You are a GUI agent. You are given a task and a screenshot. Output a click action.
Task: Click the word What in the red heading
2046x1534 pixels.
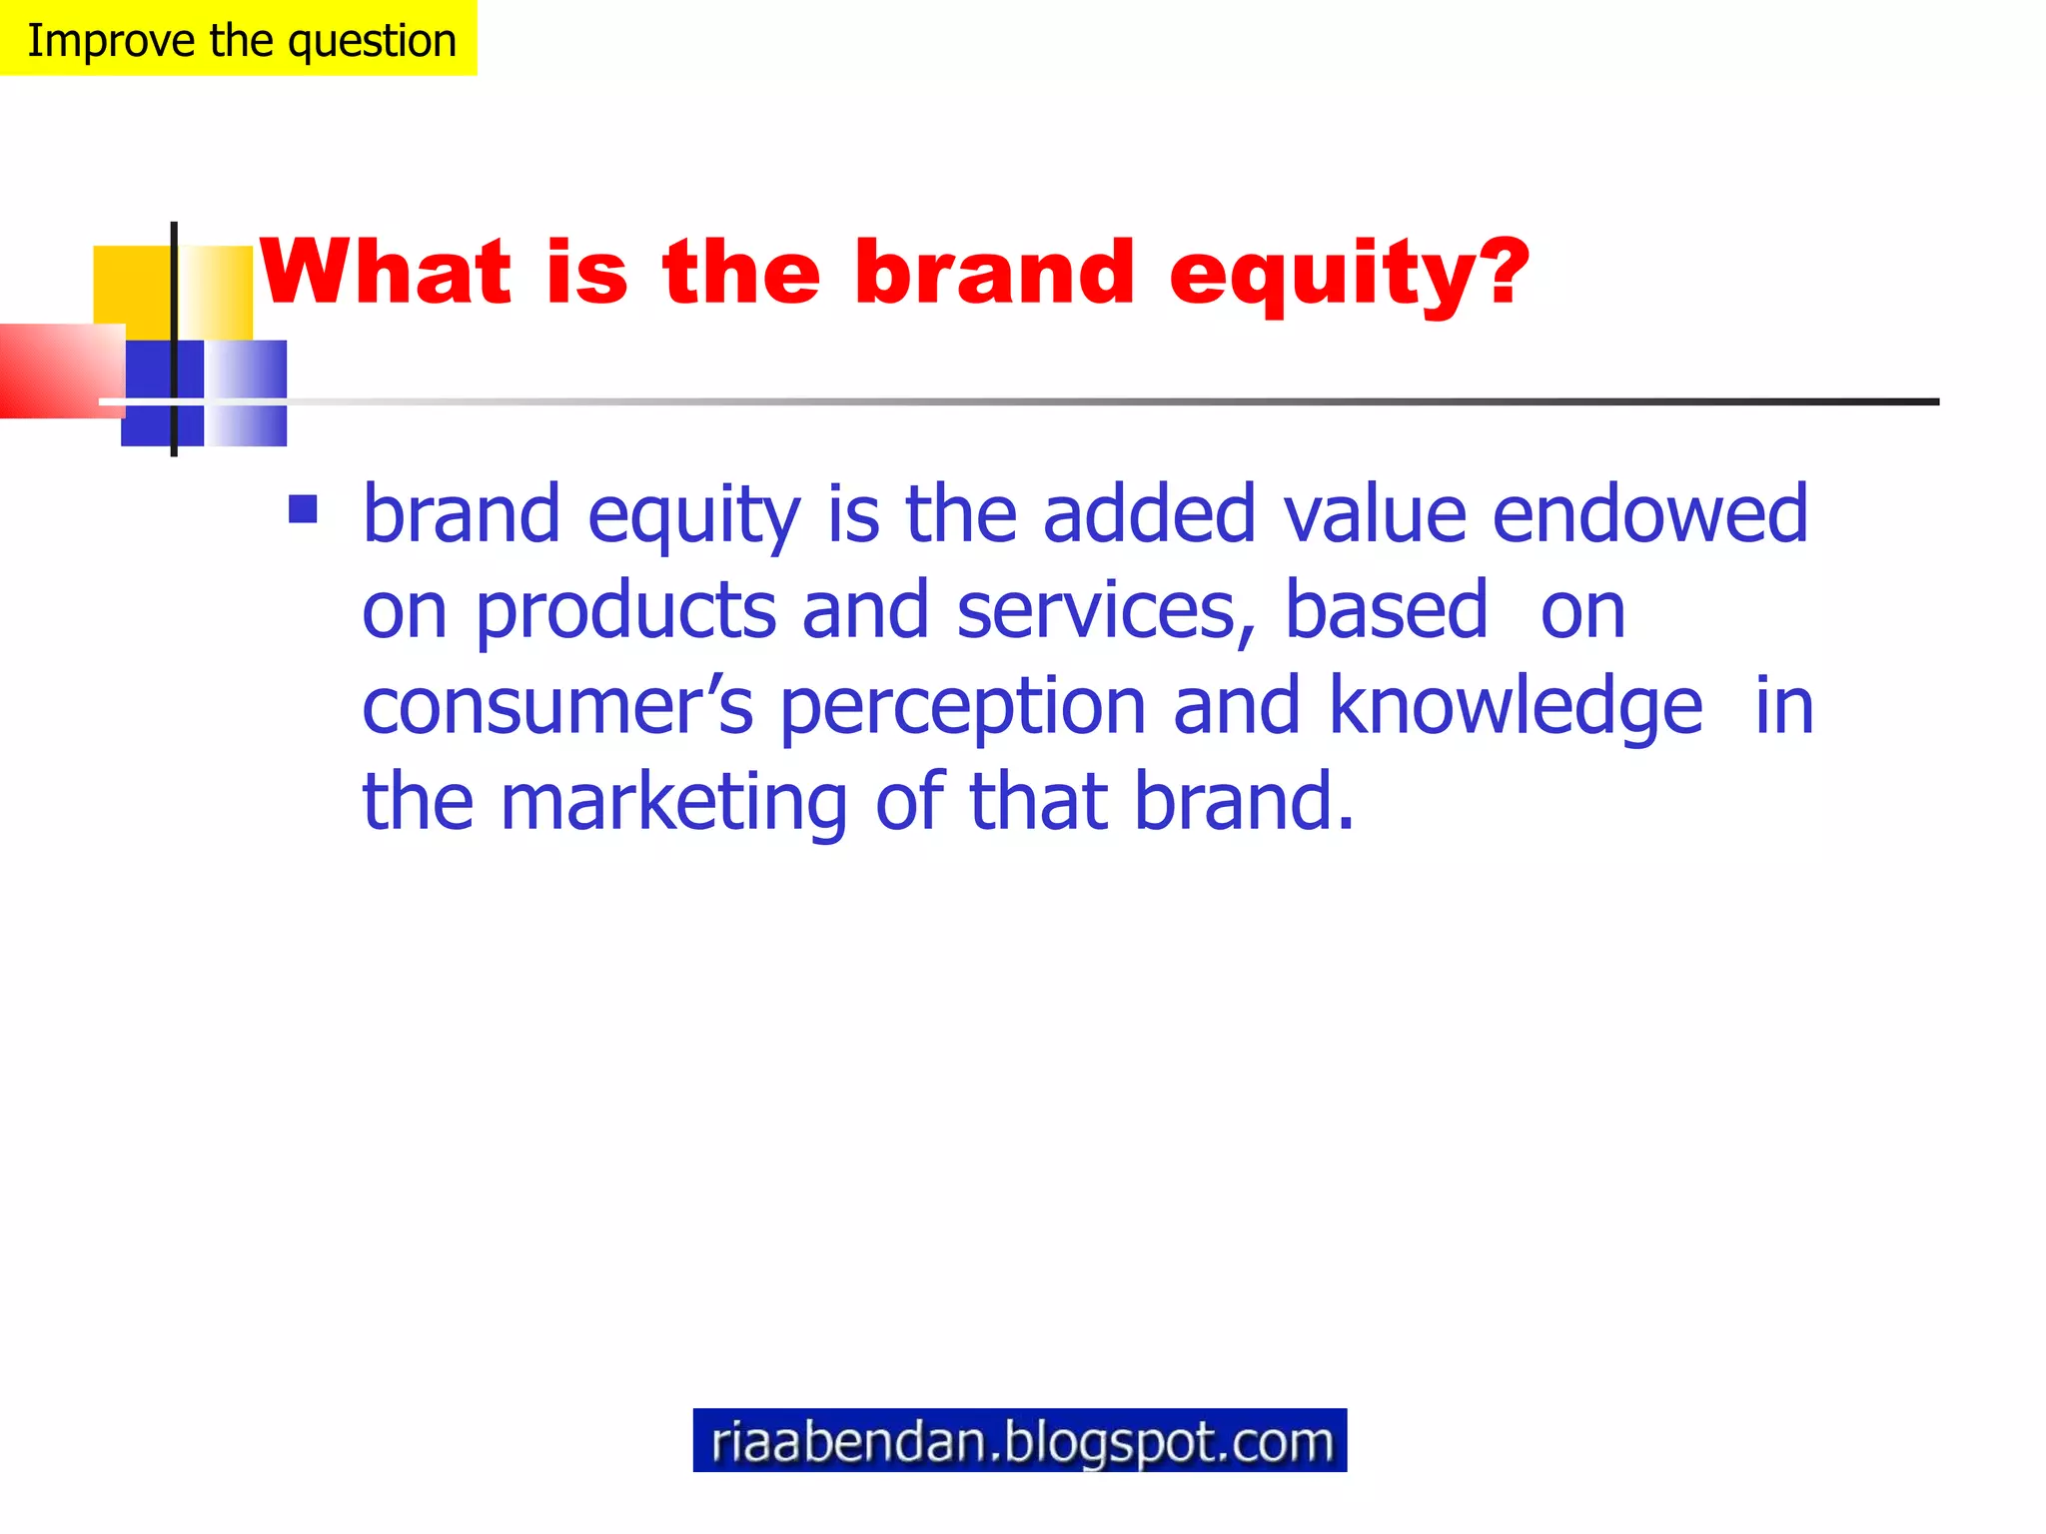(386, 272)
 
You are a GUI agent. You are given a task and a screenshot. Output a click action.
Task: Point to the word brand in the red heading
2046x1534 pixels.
(994, 272)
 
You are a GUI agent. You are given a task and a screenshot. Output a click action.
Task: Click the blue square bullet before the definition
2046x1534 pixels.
(303, 509)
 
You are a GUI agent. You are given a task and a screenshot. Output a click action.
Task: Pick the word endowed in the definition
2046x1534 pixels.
(1649, 513)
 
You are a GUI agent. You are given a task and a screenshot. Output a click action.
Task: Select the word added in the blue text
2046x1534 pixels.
(1149, 513)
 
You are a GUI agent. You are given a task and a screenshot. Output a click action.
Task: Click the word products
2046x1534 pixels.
(625, 611)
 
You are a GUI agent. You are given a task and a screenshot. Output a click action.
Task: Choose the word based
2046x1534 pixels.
(1386, 609)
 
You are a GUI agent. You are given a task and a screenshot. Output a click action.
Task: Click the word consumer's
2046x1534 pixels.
(557, 705)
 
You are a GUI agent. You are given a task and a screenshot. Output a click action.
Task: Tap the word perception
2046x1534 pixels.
(963, 707)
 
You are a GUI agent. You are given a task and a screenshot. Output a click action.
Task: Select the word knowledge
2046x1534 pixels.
(1516, 707)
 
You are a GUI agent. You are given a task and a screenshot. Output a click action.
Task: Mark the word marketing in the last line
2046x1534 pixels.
(674, 803)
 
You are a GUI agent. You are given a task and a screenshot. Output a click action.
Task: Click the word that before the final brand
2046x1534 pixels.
(1039, 801)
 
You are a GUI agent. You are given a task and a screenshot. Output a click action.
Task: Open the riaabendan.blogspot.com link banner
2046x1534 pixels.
(1020, 1440)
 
